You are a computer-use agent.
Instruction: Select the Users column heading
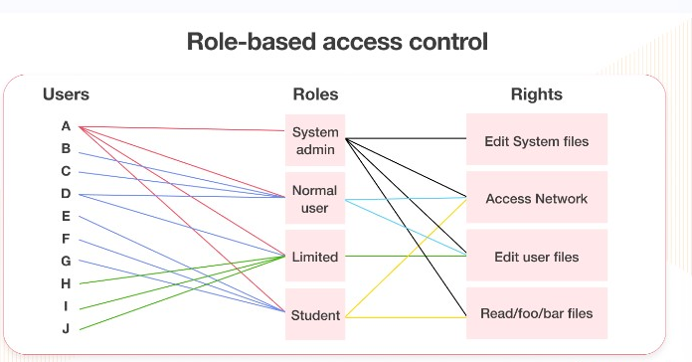click(66, 95)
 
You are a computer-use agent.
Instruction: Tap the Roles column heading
click(315, 95)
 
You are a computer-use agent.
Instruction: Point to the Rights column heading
click(536, 95)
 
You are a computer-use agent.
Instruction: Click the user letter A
click(66, 126)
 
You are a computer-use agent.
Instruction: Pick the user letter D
click(66, 194)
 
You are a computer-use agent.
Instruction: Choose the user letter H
click(66, 283)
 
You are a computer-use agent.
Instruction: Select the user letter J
click(66, 329)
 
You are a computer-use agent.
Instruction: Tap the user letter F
click(66, 239)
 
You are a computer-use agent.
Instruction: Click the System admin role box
click(315, 140)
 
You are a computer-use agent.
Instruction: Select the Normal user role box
click(315, 198)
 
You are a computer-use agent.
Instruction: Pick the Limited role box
click(315, 257)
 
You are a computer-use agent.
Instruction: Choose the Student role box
click(315, 315)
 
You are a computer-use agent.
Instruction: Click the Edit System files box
click(536, 140)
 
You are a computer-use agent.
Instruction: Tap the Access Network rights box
click(536, 198)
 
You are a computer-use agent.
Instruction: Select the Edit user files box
click(536, 257)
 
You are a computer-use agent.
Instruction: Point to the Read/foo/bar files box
click(536, 314)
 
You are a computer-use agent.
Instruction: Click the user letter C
click(66, 171)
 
